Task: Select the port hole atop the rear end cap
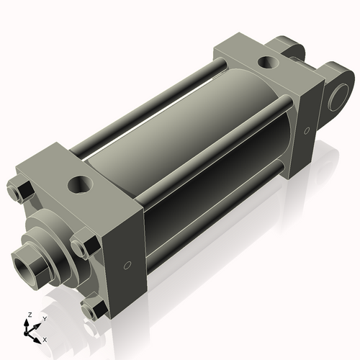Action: coord(269,63)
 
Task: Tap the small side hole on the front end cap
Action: coord(127,266)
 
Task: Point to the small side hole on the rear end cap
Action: coord(307,131)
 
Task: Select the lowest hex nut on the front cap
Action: coord(92,310)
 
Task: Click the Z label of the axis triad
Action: coord(28,315)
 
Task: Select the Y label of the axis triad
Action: coord(44,318)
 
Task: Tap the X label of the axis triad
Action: coord(45,338)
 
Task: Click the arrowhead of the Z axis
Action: coord(29,322)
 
